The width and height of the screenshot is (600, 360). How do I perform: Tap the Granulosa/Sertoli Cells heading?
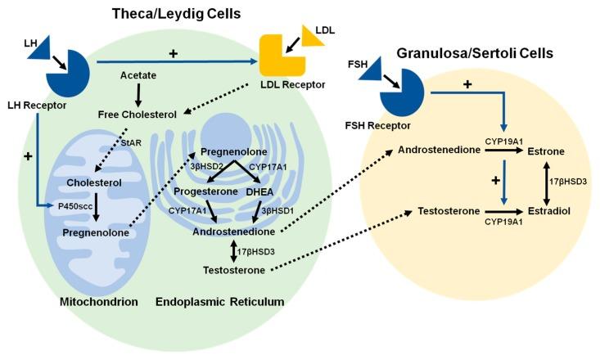[474, 53]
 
